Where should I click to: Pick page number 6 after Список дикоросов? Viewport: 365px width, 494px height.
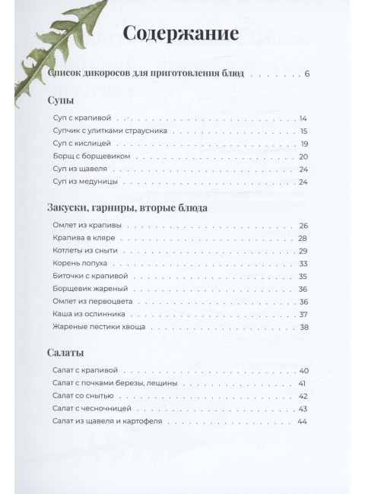click(306, 74)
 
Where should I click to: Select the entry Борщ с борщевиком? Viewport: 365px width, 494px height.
click(89, 157)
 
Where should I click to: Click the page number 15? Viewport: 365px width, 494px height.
click(303, 131)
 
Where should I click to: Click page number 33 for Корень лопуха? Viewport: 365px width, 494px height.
click(303, 263)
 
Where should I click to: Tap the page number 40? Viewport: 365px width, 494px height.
click(302, 371)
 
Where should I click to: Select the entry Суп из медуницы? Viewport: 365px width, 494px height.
click(86, 182)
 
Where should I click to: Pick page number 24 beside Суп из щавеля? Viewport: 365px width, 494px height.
click(303, 169)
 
